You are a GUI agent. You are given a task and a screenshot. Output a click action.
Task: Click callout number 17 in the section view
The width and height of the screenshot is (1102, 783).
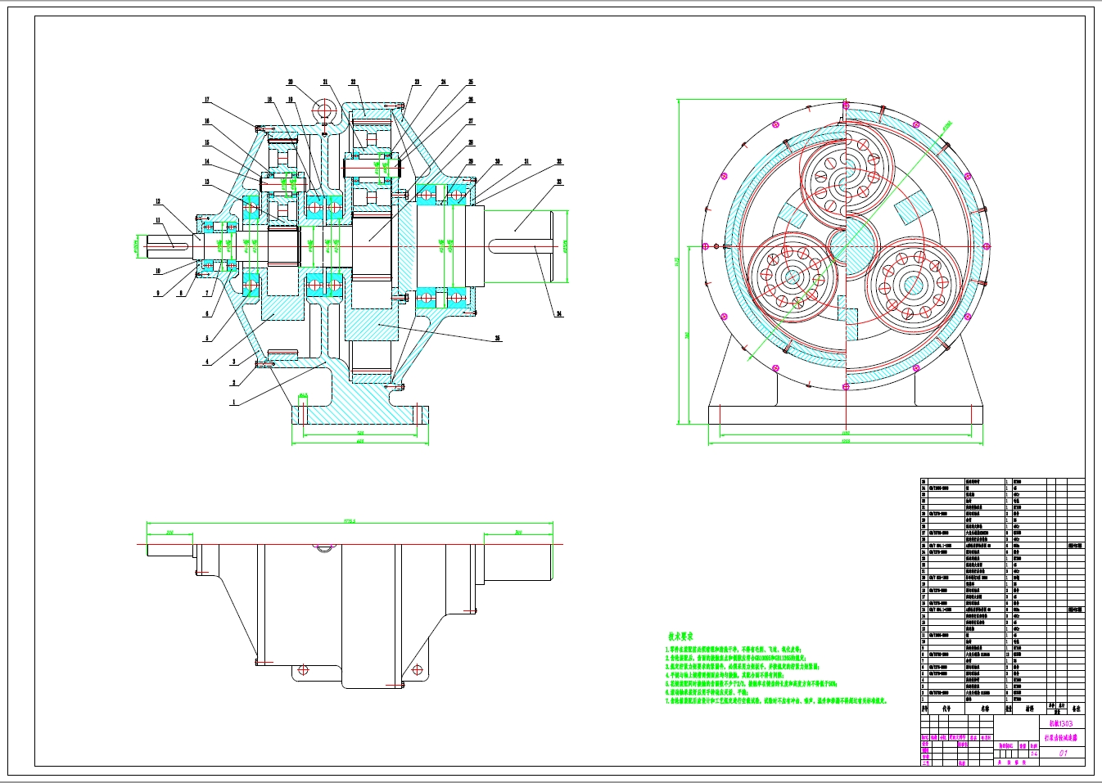pos(207,101)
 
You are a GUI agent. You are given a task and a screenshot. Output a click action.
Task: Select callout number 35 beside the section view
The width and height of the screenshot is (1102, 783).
pos(498,338)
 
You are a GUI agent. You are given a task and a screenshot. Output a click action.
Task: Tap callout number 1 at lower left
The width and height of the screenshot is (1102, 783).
pos(233,403)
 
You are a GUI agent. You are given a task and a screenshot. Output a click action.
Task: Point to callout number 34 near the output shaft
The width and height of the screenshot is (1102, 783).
pos(559,313)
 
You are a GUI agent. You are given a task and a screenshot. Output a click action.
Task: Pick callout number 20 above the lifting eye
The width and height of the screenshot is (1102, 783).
pos(290,82)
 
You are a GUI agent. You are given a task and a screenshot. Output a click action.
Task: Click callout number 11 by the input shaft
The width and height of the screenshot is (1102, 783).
pos(158,220)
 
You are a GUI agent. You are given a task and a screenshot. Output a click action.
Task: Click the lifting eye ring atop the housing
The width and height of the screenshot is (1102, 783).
pos(324,110)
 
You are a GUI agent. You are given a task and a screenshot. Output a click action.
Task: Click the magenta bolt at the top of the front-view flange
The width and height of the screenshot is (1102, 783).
pos(844,104)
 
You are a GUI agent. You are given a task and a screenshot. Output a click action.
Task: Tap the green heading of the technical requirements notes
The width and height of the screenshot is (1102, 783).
pos(680,636)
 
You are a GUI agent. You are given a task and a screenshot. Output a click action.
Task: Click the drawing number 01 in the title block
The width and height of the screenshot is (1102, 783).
pos(1064,754)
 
